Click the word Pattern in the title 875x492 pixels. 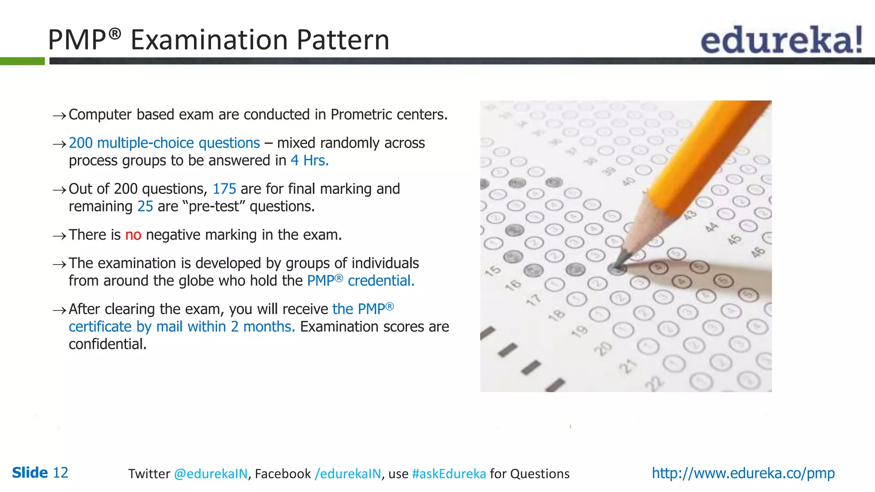click(x=343, y=40)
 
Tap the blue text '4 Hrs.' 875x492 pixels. click(x=309, y=161)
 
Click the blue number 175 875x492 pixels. click(x=224, y=189)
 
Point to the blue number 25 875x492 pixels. click(x=145, y=207)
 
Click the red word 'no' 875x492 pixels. click(x=133, y=235)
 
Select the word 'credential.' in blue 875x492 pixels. click(x=381, y=281)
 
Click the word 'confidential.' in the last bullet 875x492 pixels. click(x=108, y=344)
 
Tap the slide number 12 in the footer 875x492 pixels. click(x=60, y=473)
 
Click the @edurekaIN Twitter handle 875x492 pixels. click(x=211, y=474)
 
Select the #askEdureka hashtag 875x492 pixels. click(x=449, y=474)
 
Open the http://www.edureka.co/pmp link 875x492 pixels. click(x=743, y=473)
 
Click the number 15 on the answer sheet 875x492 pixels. click(x=493, y=270)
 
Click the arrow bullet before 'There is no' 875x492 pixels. click(x=59, y=236)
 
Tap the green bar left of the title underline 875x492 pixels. click(x=22, y=61)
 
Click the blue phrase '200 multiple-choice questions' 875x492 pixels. click(x=164, y=143)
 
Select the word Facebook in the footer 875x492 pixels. click(x=283, y=474)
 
